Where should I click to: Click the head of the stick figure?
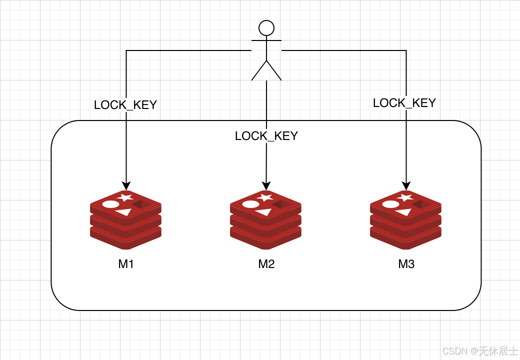(266, 28)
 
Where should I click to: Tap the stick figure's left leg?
(259, 71)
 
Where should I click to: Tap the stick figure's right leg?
(274, 71)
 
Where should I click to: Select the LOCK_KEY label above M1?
(125, 105)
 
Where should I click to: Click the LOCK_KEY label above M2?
(266, 136)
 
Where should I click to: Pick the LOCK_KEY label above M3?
(404, 103)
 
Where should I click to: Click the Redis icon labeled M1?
(125, 220)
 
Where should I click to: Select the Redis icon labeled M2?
(265, 220)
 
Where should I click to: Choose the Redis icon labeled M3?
(405, 220)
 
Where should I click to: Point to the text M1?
(126, 264)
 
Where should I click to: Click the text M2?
(266, 264)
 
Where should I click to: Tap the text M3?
(406, 264)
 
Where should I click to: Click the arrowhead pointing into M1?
(126, 185)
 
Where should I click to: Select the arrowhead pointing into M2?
(266, 185)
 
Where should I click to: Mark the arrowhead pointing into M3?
(406, 185)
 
